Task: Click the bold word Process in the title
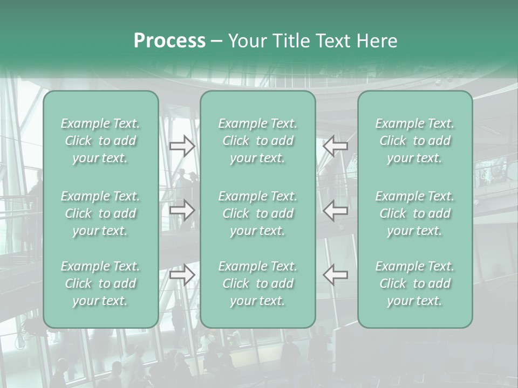tap(169, 40)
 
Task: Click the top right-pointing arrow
tap(182, 145)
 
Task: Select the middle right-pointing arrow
tap(182, 210)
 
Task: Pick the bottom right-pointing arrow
tap(182, 274)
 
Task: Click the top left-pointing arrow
tap(336, 145)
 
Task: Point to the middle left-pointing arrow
tap(336, 210)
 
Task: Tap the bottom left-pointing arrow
tap(336, 274)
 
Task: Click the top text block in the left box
tap(100, 141)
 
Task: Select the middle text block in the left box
tap(100, 213)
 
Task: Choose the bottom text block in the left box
tap(100, 283)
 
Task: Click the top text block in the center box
tap(258, 141)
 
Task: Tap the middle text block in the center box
tap(258, 213)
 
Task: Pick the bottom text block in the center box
tap(258, 283)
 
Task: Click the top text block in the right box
tap(415, 141)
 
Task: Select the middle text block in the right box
tap(415, 213)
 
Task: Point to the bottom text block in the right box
tap(415, 283)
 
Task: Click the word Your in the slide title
tap(246, 40)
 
